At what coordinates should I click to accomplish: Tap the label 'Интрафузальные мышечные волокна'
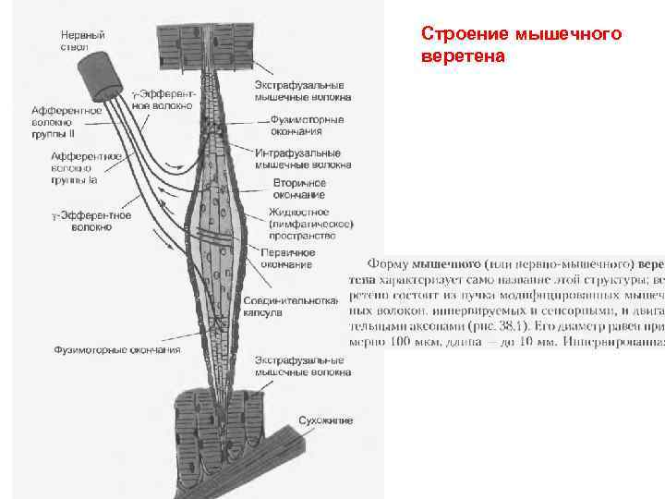pyautogui.click(x=302, y=159)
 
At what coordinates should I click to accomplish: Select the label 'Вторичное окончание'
pyautogui.click(x=298, y=189)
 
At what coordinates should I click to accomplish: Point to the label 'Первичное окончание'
pyautogui.click(x=287, y=258)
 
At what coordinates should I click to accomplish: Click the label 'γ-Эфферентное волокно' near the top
pyautogui.click(x=163, y=99)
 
